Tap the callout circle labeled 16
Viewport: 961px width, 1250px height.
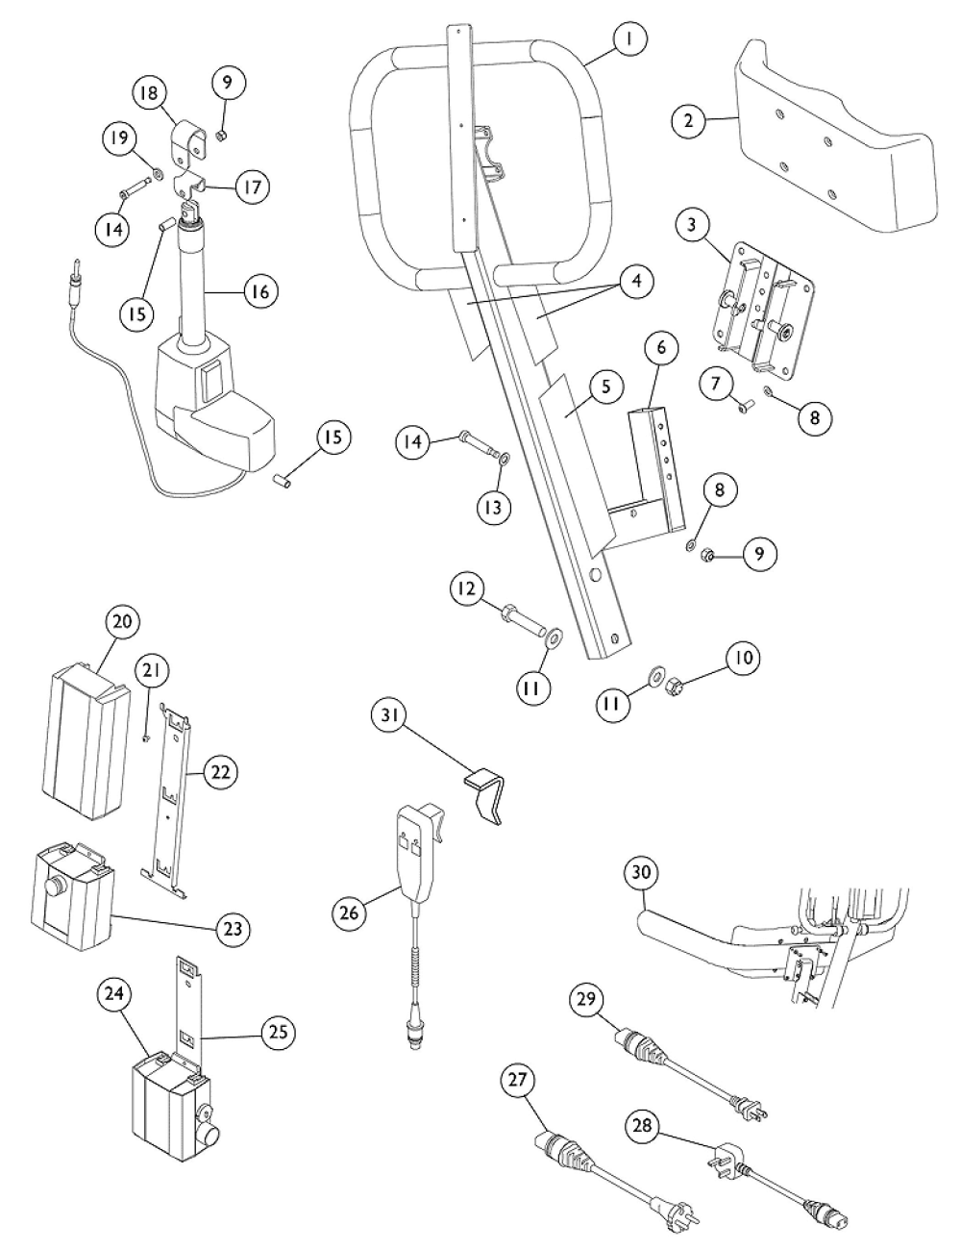[260, 289]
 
